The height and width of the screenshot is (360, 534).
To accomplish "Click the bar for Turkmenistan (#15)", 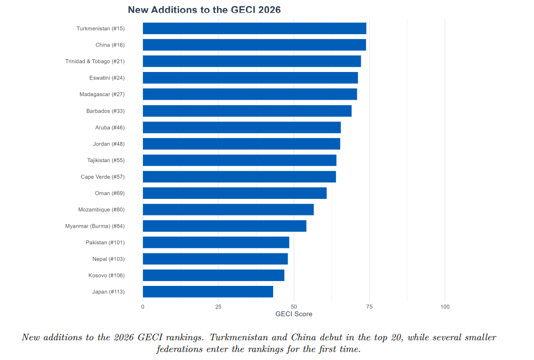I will coord(254,28).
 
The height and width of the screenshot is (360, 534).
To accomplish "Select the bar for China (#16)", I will coord(254,45).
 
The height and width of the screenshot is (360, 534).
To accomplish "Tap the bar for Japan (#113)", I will coord(208,292).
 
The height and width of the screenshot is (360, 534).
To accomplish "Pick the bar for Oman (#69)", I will coord(234,193).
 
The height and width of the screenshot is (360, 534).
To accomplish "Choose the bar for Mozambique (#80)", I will coord(228,210).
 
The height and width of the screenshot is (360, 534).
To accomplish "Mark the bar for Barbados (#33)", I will coord(247,111).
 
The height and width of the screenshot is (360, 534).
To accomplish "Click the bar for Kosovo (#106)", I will coord(213,275).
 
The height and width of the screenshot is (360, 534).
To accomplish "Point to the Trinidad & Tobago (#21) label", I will coord(94,61).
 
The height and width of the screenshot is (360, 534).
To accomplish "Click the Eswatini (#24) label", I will coord(107,78).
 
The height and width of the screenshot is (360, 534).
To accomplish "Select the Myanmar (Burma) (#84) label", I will coord(94,226).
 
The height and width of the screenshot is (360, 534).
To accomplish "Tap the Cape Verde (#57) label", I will coord(102,177).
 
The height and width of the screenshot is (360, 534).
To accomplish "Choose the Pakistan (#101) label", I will coord(105,243).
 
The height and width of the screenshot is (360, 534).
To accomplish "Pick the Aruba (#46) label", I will coord(109,127).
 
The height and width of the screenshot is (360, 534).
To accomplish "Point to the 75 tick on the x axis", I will coord(369,307).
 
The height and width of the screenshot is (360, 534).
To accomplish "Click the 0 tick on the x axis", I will coord(142,307).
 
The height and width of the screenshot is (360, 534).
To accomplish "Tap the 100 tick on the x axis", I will coord(445,307).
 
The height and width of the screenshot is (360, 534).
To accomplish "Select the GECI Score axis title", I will coord(293,314).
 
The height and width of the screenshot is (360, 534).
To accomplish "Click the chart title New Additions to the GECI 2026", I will coord(204,10).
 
